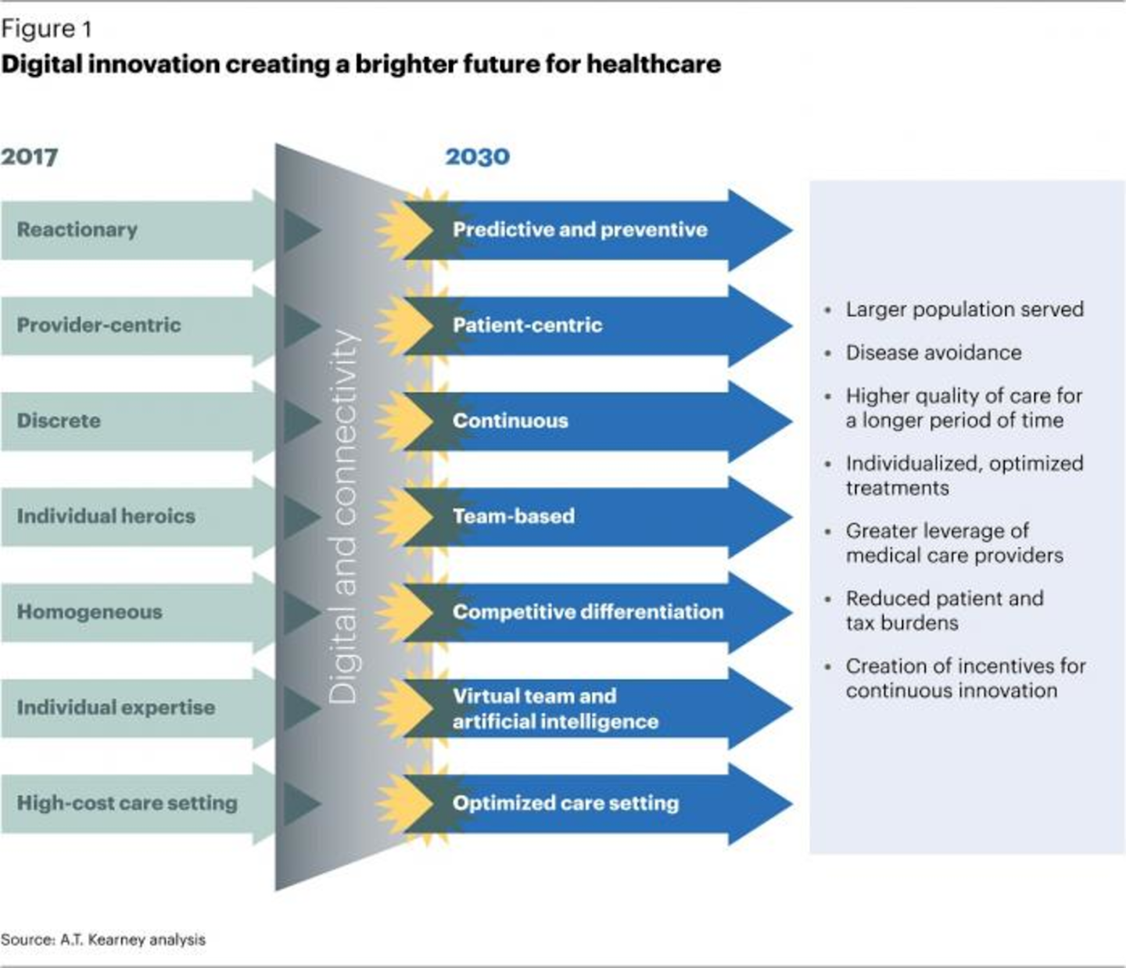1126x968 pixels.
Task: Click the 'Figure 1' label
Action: click(x=46, y=29)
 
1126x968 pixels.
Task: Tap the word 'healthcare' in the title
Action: click(x=654, y=63)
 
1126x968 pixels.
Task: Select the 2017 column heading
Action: click(x=29, y=156)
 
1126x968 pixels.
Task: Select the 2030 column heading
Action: click(x=477, y=156)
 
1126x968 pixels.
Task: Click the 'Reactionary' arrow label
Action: click(x=77, y=229)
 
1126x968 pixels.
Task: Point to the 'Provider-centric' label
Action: click(x=99, y=324)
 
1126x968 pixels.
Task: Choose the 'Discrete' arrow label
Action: click(x=59, y=420)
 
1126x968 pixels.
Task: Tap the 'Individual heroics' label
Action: click(x=106, y=516)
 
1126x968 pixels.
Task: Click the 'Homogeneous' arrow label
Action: click(x=89, y=611)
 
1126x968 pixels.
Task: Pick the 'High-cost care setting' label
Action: click(x=127, y=802)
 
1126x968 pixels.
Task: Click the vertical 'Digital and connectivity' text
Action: click(x=343, y=516)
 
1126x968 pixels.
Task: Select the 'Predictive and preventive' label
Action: click(x=579, y=229)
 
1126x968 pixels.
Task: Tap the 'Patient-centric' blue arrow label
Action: click(x=527, y=324)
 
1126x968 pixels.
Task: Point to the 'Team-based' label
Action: click(x=513, y=516)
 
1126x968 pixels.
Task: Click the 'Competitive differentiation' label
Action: click(x=587, y=611)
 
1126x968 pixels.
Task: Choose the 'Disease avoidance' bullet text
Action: click(x=933, y=353)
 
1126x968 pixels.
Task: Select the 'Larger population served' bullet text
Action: click(x=964, y=310)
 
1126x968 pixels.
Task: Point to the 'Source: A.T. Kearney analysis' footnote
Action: click(x=103, y=939)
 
